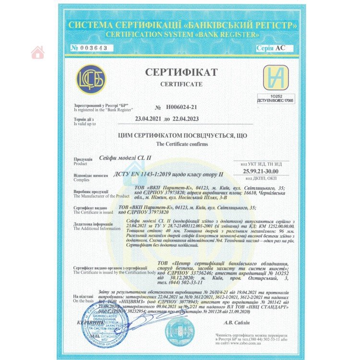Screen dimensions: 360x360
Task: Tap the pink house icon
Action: pos(38,53)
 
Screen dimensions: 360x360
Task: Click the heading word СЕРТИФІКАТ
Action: pos(181,72)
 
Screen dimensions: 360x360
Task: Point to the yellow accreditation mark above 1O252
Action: pos(276,77)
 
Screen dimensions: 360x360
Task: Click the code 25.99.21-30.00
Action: pos(260,171)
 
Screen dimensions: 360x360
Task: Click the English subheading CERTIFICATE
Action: pos(181,84)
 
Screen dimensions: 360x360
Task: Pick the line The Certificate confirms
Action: pos(181,144)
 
